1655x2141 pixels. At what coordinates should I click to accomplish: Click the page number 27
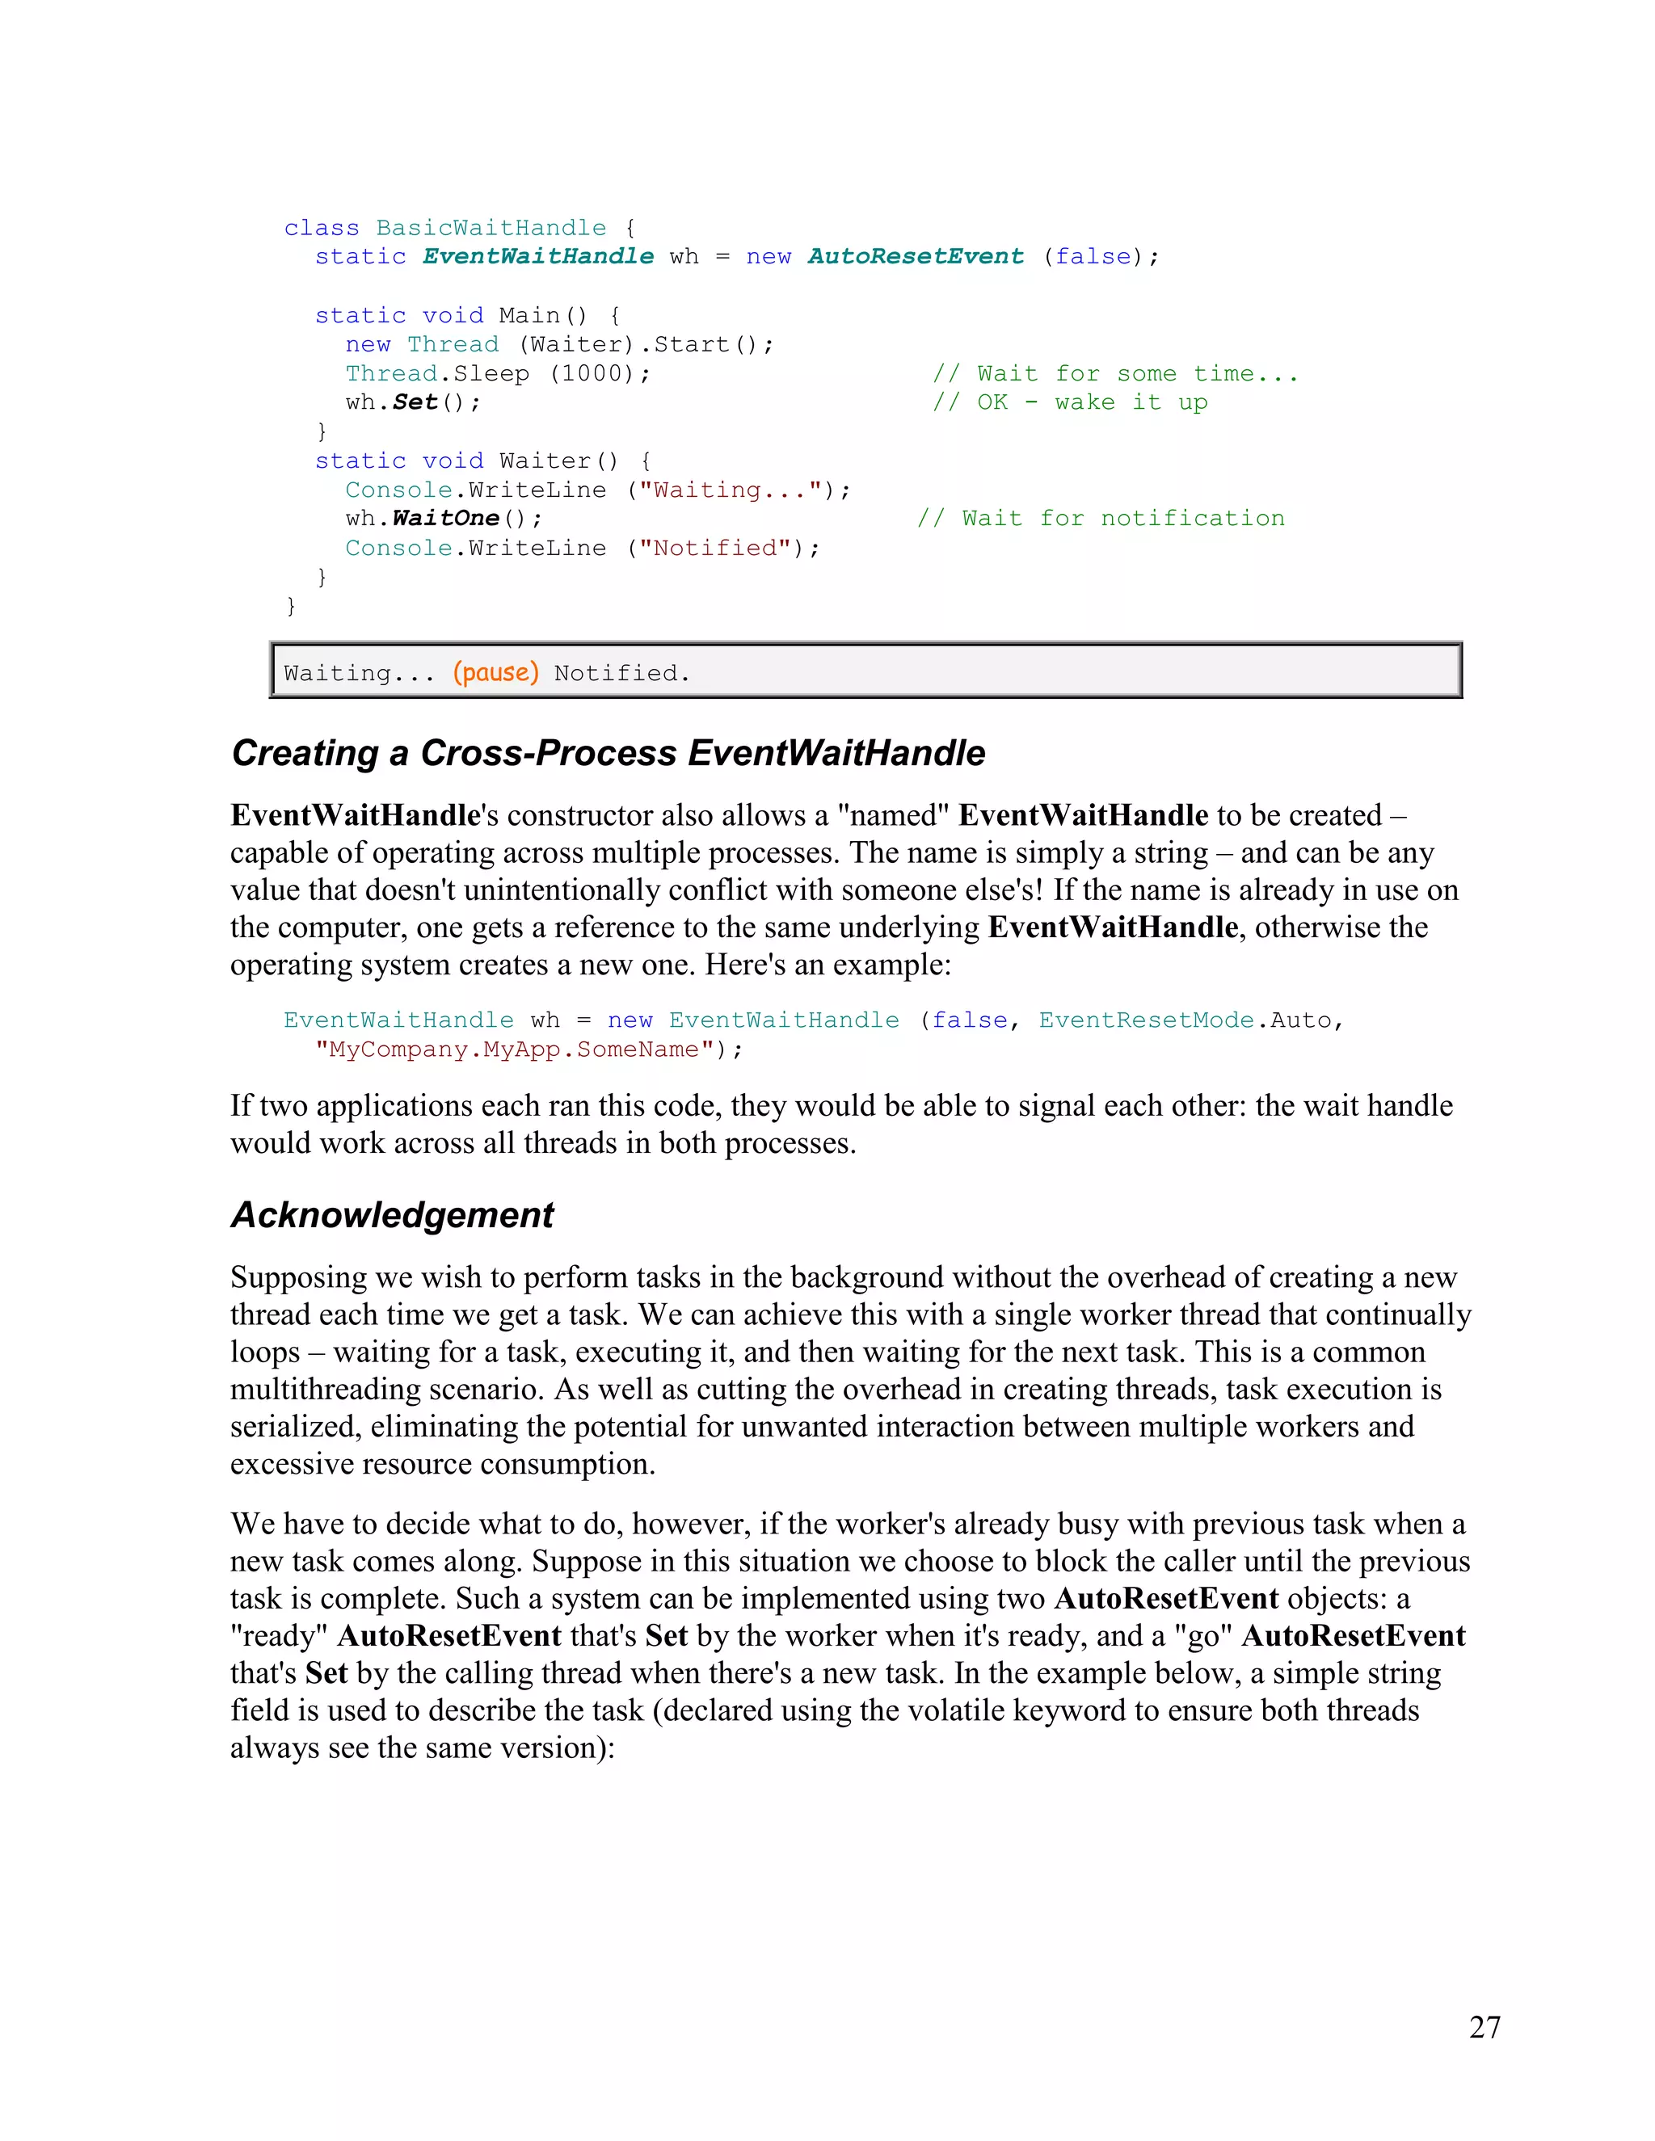coord(1484,2026)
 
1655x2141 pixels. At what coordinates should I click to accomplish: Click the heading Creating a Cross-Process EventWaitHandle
coord(608,753)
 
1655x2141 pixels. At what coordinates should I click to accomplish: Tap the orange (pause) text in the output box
coord(495,672)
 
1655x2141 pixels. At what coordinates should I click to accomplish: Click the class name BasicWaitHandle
coord(491,228)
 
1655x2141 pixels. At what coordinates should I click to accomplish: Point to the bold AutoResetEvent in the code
coord(915,256)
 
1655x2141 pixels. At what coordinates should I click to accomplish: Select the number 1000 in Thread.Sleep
coord(599,372)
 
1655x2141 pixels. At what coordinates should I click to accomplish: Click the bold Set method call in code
coord(415,402)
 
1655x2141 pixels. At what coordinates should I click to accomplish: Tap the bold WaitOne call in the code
coord(445,518)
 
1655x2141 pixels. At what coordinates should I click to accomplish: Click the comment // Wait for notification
coord(1100,518)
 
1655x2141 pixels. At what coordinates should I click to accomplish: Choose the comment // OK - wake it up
coord(1070,402)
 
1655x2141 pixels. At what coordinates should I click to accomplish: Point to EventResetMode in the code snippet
coord(1145,1020)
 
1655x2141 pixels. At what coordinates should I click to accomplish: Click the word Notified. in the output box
coord(621,672)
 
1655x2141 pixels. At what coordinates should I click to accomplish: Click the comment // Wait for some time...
coord(1114,372)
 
